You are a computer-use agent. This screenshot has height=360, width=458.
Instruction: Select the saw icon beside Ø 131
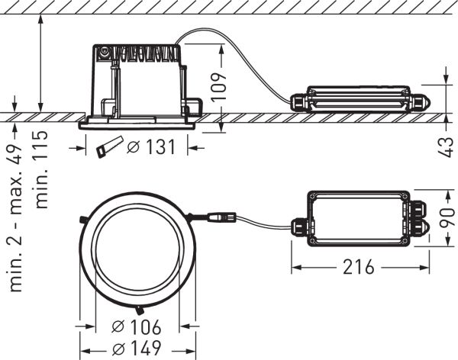pos(109,148)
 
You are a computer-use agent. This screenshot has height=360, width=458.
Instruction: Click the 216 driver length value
pos(358,268)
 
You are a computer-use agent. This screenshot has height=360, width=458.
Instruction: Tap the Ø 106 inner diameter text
pos(137,328)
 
